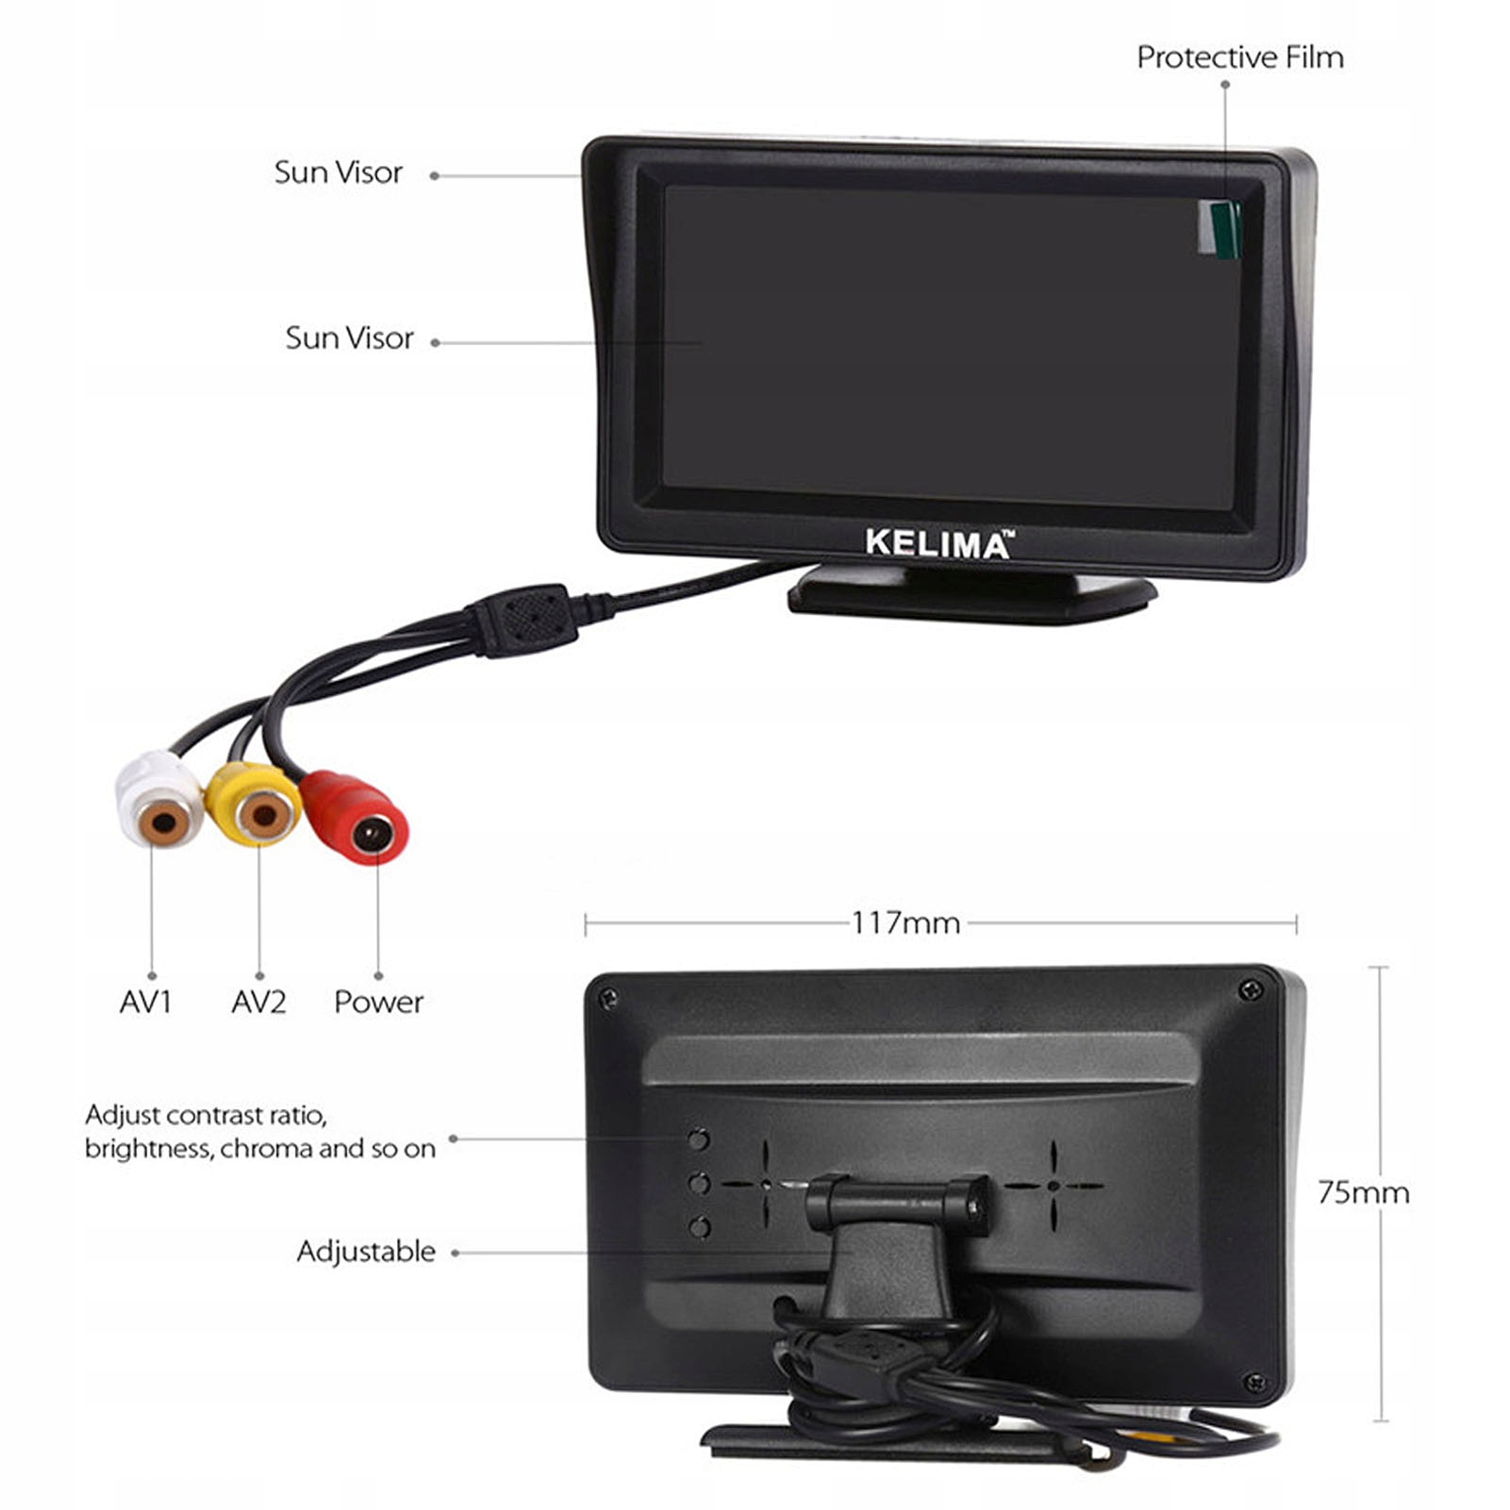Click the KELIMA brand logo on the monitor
pos(938,545)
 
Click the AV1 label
pos(145,1002)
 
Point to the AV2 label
pos(257,1002)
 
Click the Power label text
pos(378,1002)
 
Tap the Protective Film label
pos(1239,58)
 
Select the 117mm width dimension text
pos(905,922)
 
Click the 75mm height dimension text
pos(1363,1192)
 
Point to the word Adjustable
pos(366,1252)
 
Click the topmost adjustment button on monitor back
pos(699,1139)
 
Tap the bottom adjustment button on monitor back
pos(699,1227)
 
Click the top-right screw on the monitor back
pos(1252,989)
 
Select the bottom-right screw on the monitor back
pos(1254,1384)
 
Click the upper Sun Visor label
pos(338,173)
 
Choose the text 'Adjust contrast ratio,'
pos(206,1116)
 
